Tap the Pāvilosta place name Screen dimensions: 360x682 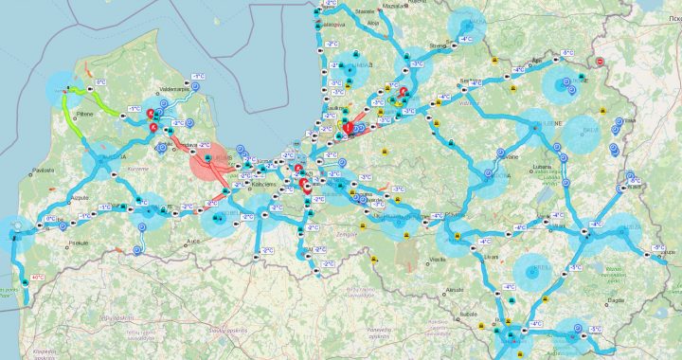point(43,171)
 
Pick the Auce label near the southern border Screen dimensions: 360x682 point(194,243)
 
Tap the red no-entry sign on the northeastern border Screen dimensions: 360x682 point(600,62)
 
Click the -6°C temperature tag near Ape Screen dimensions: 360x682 point(568,53)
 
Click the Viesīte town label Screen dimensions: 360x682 point(436,258)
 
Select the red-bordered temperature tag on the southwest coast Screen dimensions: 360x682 point(38,278)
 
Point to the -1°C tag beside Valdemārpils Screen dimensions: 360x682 point(198,76)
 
